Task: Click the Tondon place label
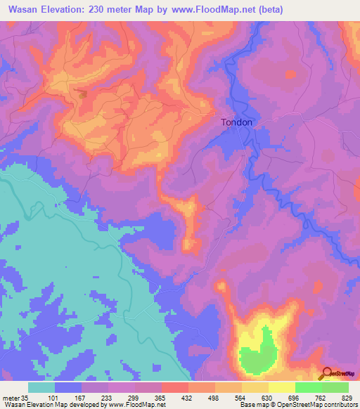(236, 122)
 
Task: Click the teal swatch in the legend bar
(41, 387)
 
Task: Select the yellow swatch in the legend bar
(282, 387)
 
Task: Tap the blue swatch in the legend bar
(68, 387)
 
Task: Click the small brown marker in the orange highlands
(83, 94)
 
